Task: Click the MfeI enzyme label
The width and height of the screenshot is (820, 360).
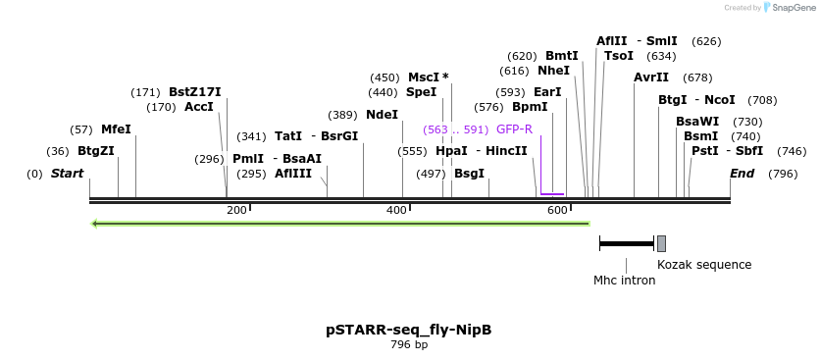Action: point(116,129)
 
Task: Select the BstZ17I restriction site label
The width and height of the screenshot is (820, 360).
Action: point(195,92)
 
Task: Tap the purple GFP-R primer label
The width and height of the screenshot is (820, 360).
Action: point(514,129)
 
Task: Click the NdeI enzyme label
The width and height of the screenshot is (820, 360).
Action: point(382,115)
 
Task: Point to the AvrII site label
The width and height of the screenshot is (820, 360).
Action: point(651,77)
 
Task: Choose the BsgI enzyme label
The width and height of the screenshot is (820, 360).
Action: point(469,174)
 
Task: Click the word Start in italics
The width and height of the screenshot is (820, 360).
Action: point(68,174)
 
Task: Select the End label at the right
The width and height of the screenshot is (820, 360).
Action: point(743,174)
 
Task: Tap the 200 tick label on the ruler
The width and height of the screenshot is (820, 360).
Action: point(236,211)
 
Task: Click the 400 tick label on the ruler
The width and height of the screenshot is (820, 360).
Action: point(396,211)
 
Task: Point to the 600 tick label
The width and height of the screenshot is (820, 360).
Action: point(557,211)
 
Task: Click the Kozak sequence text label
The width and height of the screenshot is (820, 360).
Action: point(704,265)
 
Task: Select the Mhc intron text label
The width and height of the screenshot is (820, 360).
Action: point(625,281)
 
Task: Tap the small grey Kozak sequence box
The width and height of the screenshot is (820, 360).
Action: point(661,243)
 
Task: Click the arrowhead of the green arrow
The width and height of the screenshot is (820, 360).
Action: point(95,224)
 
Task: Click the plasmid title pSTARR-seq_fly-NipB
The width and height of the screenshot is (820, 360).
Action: point(409,330)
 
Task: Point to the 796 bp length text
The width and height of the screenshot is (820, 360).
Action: point(409,345)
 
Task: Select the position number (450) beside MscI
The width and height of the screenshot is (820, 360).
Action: point(384,77)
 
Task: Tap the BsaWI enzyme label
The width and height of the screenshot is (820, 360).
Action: point(697,122)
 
